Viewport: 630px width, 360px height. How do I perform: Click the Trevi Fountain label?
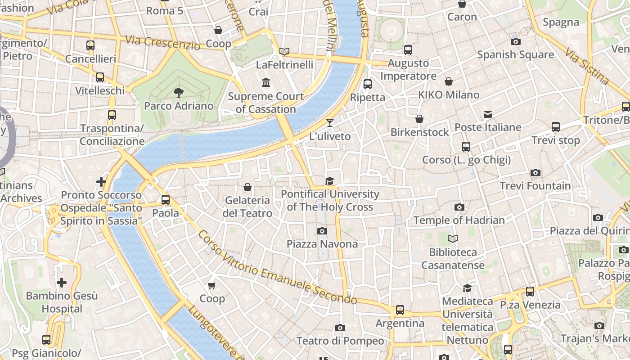pyautogui.click(x=535, y=186)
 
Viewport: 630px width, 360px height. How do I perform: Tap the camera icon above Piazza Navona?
pyautogui.click(x=322, y=231)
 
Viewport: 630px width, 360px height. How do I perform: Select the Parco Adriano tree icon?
pyautogui.click(x=179, y=93)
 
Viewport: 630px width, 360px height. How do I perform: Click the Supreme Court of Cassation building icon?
pyautogui.click(x=265, y=83)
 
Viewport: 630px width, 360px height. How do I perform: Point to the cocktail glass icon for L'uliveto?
pyautogui.click(x=330, y=123)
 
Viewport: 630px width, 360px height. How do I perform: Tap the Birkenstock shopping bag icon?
pyautogui.click(x=419, y=119)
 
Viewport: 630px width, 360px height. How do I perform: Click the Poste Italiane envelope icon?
pyautogui.click(x=488, y=114)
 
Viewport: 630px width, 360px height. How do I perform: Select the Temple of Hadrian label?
pyautogui.click(x=459, y=220)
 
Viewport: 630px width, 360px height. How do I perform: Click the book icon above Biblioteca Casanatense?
pyautogui.click(x=453, y=239)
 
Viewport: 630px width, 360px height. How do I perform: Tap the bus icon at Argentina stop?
pyautogui.click(x=400, y=310)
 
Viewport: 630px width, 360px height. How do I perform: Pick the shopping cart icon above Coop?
pyautogui.click(x=212, y=285)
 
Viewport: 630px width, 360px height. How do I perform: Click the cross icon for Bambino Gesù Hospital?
pyautogui.click(x=62, y=283)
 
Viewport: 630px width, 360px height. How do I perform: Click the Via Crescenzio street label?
pyautogui.click(x=162, y=43)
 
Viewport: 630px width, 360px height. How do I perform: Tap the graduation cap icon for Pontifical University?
pyautogui.click(x=330, y=181)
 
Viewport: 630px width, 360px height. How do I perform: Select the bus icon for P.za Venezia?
pyautogui.click(x=530, y=292)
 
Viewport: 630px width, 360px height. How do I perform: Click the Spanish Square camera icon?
pyautogui.click(x=516, y=42)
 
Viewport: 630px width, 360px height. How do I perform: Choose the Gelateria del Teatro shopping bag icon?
pyautogui.click(x=247, y=187)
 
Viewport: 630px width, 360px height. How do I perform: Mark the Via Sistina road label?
pyautogui.click(x=587, y=67)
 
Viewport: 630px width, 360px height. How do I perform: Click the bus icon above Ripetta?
pyautogui.click(x=368, y=84)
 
